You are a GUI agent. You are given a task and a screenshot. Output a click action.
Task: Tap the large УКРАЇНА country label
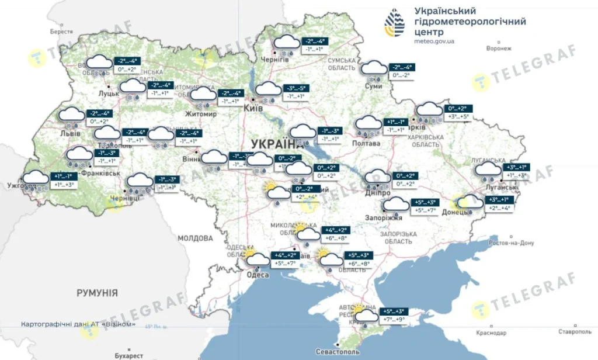(273, 144)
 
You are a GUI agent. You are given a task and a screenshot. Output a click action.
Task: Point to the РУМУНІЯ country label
(98, 292)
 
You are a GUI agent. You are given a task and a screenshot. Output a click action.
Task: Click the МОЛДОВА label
(195, 238)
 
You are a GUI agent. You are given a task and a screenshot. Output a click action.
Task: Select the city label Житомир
(200, 114)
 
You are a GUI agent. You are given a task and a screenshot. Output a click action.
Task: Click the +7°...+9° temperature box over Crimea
(394, 320)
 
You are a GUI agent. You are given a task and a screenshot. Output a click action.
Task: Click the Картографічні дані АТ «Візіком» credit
(78, 324)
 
